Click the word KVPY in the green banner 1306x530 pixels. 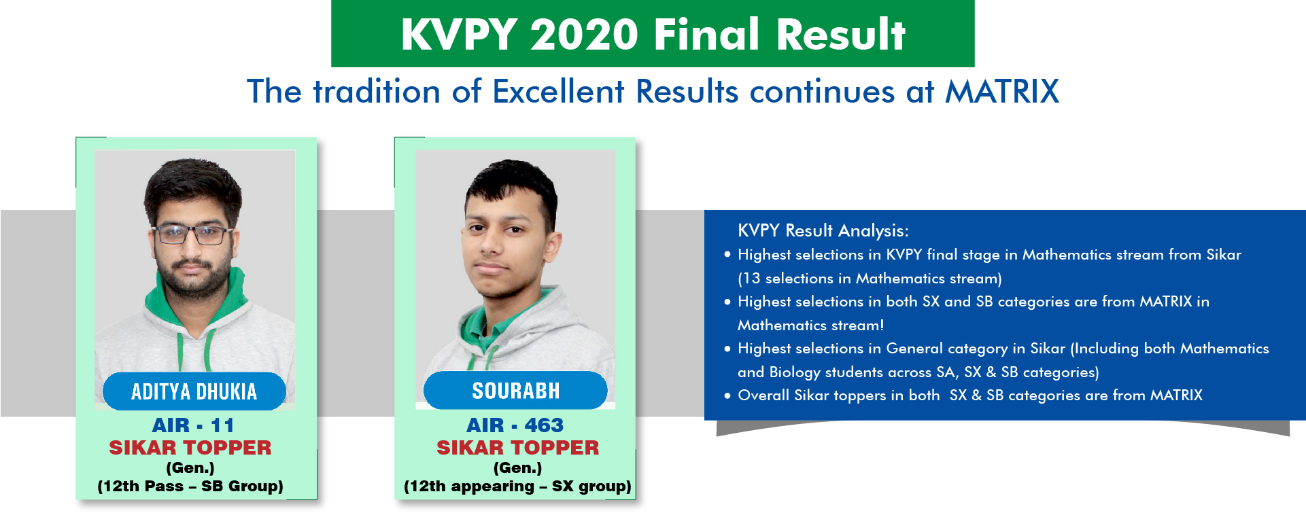click(x=459, y=35)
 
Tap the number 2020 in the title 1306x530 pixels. click(x=585, y=35)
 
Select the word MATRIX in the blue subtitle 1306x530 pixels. click(x=1002, y=92)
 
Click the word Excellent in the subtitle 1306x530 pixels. click(x=558, y=92)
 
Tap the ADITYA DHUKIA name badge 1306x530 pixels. click(x=194, y=391)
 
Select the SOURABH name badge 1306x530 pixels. click(x=515, y=391)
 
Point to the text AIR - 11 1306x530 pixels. click(x=193, y=425)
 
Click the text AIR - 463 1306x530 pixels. click(x=515, y=425)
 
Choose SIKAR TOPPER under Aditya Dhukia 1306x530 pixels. click(x=190, y=448)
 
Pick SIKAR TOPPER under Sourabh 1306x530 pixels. click(x=517, y=448)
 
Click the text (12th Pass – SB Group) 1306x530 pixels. click(x=190, y=487)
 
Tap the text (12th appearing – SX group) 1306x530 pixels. click(x=517, y=487)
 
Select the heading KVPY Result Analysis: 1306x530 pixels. click(x=823, y=231)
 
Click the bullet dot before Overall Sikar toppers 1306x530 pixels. click(x=727, y=395)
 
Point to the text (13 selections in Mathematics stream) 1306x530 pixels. click(x=870, y=279)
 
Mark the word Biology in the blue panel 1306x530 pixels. click(x=795, y=372)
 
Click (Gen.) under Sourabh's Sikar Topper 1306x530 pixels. click(x=517, y=468)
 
